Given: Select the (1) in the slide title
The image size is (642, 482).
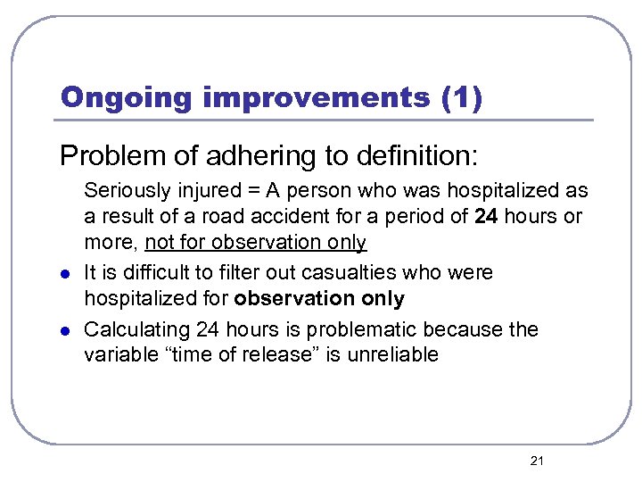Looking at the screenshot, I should [462, 97].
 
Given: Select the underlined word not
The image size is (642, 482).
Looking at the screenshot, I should [160, 242].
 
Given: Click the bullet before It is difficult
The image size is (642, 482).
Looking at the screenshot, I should [65, 273].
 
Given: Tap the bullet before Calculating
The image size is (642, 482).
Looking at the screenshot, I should [65, 330].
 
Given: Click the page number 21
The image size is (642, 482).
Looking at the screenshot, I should [537, 461].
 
